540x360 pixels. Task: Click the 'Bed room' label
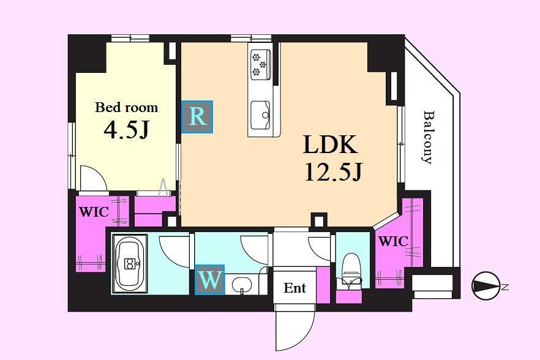[126, 108]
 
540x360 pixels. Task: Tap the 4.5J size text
[126, 130]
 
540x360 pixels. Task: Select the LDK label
[330, 144]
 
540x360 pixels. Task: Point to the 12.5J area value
[333, 171]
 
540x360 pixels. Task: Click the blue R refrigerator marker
[197, 117]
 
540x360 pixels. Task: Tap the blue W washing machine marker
[210, 280]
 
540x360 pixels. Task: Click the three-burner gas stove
[260, 64]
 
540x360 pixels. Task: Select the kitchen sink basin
[260, 115]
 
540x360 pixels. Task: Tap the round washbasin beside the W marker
[240, 285]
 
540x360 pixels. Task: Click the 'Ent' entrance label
[295, 288]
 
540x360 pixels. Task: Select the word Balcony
[427, 137]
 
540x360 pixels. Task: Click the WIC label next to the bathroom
[94, 211]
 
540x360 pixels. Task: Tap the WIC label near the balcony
[393, 241]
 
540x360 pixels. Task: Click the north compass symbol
[486, 286]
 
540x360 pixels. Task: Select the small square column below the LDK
[318, 219]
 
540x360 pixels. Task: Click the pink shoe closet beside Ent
[323, 285]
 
